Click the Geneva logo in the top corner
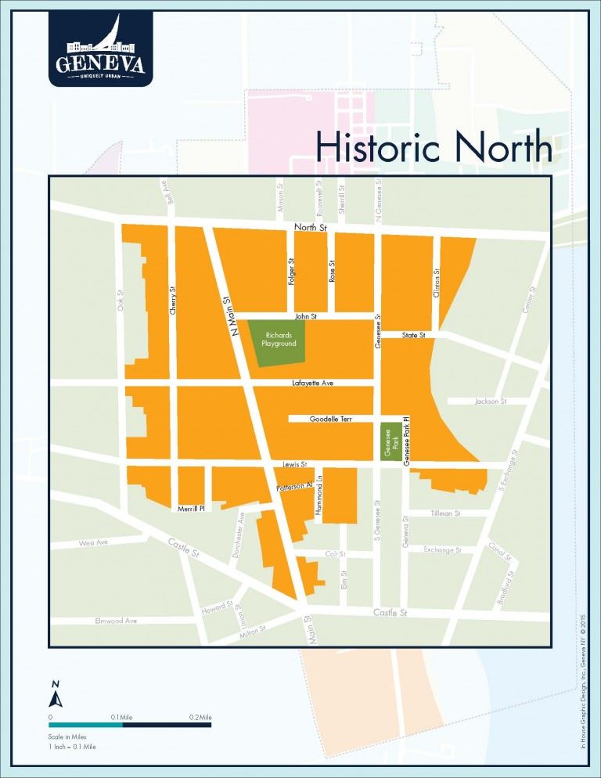click(x=99, y=49)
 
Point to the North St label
click(x=309, y=228)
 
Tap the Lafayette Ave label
click(x=312, y=383)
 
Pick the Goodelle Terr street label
click(x=330, y=419)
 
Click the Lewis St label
click(x=293, y=465)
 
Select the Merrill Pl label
click(x=191, y=508)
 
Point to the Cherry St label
click(x=173, y=301)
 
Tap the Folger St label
click(x=290, y=271)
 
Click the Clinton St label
click(x=437, y=283)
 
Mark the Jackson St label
click(x=491, y=402)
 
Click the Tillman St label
click(x=445, y=513)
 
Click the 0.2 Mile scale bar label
click(x=200, y=717)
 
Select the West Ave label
click(x=92, y=542)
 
